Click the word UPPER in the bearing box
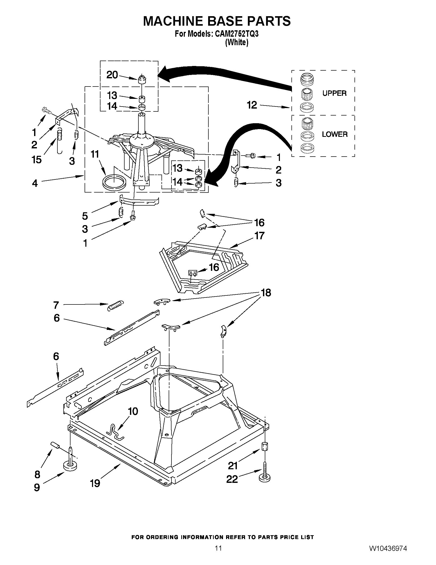[334, 93]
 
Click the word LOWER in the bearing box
[334, 134]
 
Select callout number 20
[112, 75]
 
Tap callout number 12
[252, 105]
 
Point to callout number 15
[37, 160]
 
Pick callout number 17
[259, 236]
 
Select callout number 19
[95, 483]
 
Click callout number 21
[233, 466]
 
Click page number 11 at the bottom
[218, 548]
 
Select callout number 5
[85, 216]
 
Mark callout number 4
[35, 184]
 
